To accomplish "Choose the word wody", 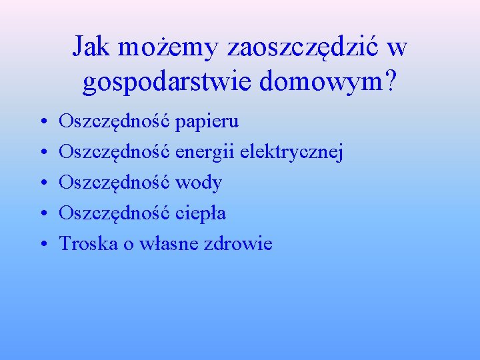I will [x=199, y=183].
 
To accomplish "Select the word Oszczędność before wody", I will [x=114, y=183].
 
